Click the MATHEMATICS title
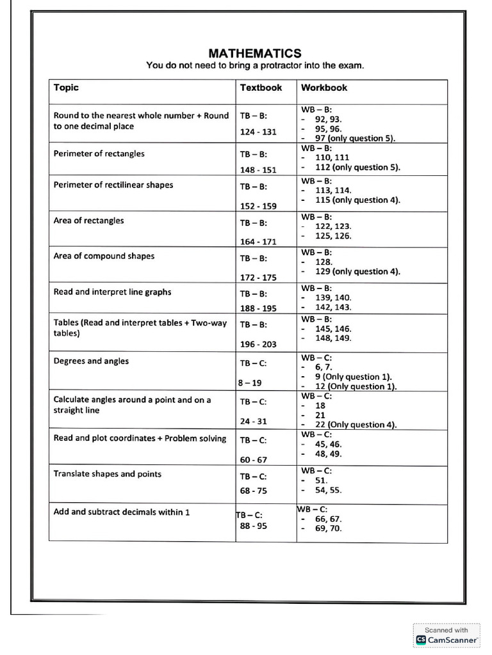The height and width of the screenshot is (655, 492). pos(255,53)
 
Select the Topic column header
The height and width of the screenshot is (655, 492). pos(66,88)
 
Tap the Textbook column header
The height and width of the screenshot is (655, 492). pos(261,88)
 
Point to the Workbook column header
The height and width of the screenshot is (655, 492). pos(324,88)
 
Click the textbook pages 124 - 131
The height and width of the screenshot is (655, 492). pos(258,132)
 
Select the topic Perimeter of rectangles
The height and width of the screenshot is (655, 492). pos(99,154)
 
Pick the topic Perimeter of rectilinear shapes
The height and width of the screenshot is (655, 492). pos(113,185)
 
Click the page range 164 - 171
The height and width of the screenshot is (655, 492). pos(258,242)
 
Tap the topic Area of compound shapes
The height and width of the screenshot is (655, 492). pos(104,256)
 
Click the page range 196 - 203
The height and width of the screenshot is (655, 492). pos(258,344)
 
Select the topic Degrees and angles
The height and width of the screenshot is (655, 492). pos(91,361)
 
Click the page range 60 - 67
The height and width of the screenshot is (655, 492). pos(254,460)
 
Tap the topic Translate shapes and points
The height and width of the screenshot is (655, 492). pos(107,474)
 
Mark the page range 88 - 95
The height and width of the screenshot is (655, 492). pos(254,526)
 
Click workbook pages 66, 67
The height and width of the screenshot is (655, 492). pos(328,519)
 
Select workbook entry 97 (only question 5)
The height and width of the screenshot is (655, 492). pos(355,138)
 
